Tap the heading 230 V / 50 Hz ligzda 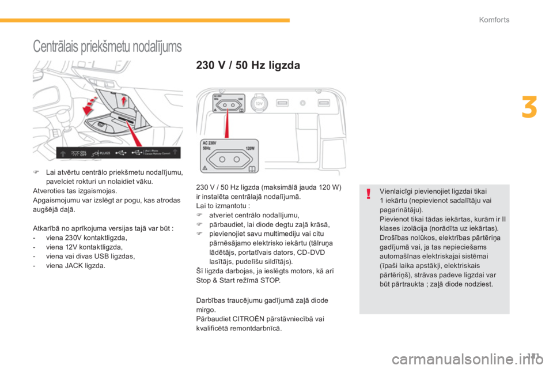point(248,66)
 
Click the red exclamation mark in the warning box point(368,194)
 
